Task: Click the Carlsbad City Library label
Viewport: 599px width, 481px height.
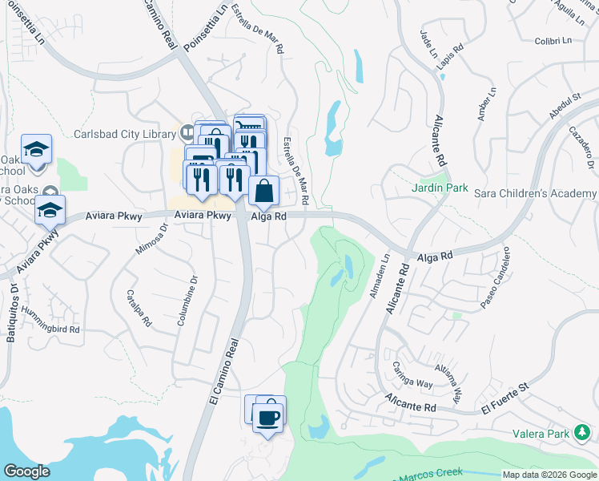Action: click(125, 134)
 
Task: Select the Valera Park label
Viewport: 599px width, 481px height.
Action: click(541, 435)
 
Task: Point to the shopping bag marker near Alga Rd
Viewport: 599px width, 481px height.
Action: click(263, 192)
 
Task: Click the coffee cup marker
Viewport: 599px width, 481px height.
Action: click(268, 417)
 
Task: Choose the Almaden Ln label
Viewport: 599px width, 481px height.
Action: click(378, 277)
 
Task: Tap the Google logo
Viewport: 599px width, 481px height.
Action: click(27, 471)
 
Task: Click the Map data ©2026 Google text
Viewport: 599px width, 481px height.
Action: click(549, 475)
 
